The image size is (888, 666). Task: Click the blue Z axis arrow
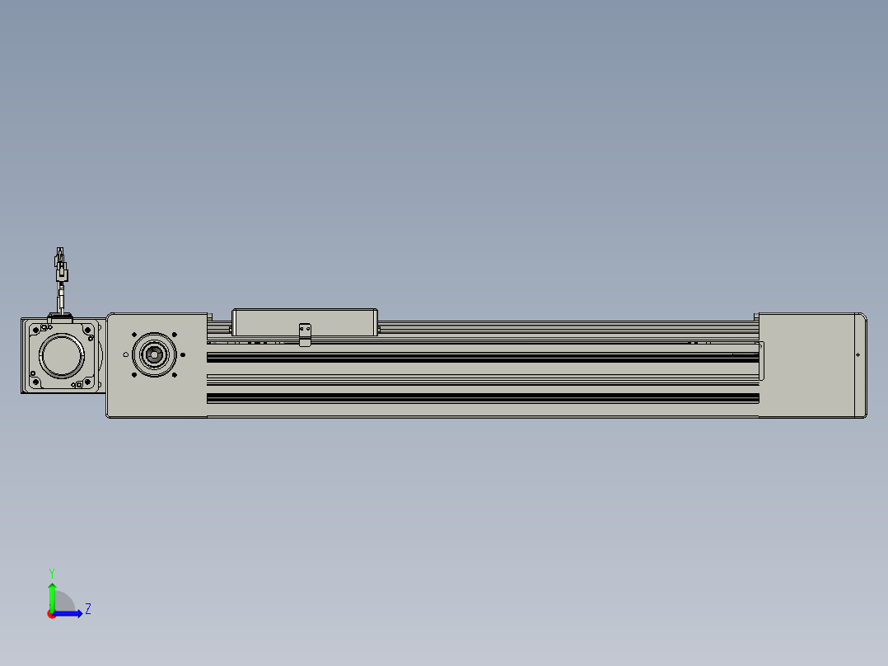coord(68,613)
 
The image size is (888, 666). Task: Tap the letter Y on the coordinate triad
coord(52,573)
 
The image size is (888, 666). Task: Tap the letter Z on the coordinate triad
coord(88,609)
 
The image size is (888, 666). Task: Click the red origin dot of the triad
coord(52,614)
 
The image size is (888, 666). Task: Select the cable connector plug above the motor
coord(61,265)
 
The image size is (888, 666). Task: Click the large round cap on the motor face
coord(62,355)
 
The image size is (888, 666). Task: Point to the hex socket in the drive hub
coord(154,354)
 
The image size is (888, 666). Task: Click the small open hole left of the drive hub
coord(126,354)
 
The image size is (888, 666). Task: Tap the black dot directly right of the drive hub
coord(183,354)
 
